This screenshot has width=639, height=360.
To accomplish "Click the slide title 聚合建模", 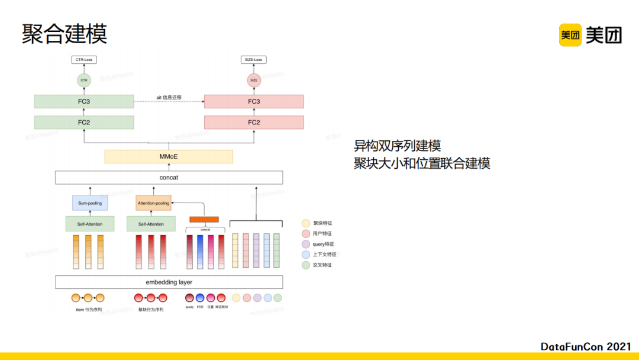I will pos(64,34).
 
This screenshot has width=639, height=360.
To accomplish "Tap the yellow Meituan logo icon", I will pos(570,35).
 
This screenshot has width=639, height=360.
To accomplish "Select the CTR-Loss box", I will pos(84,60).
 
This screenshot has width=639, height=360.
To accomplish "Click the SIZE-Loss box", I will pos(254,60).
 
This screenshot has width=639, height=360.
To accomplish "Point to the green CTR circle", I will pos(84,80).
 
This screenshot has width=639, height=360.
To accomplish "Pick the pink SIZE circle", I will pos(254,80).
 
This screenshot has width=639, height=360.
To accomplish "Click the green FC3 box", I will pos(84,101).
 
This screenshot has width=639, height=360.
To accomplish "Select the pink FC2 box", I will pos(254,123).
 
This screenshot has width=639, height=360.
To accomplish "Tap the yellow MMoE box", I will pos(169,156).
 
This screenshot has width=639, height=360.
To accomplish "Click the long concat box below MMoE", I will pos(169,177).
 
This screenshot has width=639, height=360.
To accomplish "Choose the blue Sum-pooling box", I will pos(90,203).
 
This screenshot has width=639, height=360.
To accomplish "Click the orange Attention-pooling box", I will pos(153,203).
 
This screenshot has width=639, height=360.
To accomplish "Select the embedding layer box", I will pos(169,282).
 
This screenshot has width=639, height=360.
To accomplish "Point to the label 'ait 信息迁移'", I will pos(169,97).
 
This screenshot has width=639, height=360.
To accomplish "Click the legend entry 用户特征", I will pos(323,234).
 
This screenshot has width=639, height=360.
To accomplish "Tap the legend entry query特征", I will pos(323,244).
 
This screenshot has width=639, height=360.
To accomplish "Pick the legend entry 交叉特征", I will pos(323,265).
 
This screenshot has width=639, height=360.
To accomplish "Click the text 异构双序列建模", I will pos(397,146).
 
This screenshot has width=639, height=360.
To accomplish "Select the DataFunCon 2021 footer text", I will pos(586,346).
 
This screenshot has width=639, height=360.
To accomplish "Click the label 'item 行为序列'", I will pos(89,309).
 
